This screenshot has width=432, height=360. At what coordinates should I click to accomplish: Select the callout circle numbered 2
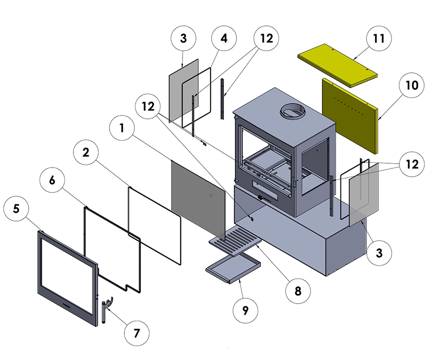pos(86,152)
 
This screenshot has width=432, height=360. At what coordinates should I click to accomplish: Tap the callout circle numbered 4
pos(224,39)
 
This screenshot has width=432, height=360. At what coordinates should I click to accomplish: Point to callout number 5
pos(16,209)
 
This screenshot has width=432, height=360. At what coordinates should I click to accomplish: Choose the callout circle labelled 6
pos(52,180)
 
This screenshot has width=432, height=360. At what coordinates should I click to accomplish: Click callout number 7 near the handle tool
pos(137,333)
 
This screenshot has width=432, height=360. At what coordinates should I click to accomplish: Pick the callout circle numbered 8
pos(298,291)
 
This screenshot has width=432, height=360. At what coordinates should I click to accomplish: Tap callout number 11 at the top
pos(379,39)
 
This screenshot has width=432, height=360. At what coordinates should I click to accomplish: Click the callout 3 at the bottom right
pos(379,253)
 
